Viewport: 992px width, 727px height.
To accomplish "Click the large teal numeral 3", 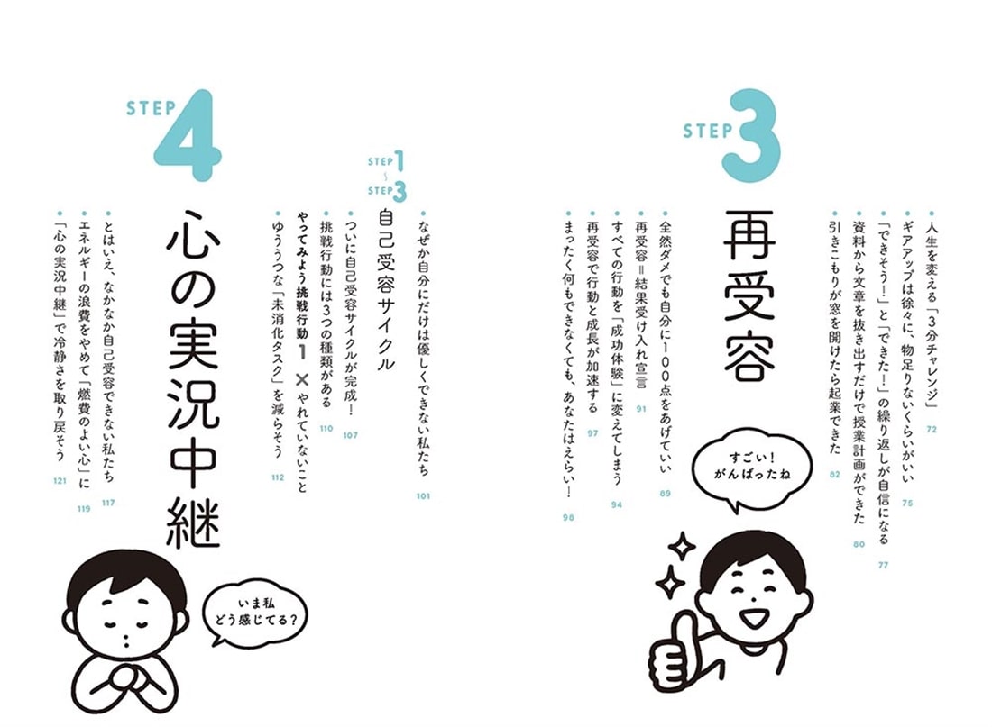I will point(749,137).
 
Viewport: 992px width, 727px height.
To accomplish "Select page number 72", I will point(931,429).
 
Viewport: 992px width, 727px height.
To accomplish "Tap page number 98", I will point(567,518).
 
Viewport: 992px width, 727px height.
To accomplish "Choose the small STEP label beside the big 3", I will point(707,131).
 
